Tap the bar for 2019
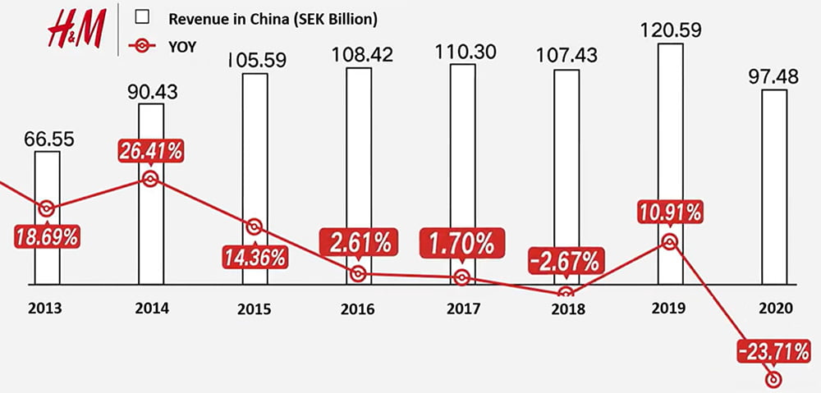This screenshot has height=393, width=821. pos(670,163)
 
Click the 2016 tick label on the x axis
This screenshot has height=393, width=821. pos(359,309)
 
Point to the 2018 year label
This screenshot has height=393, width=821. pos(566,309)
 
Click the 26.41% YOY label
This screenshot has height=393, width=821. pos(149,152)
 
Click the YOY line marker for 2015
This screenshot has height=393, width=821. pos(255,226)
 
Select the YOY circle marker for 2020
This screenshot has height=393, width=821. pos(773,379)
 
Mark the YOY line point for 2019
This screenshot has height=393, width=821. pos(670,241)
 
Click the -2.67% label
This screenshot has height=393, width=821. pos(566,263)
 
